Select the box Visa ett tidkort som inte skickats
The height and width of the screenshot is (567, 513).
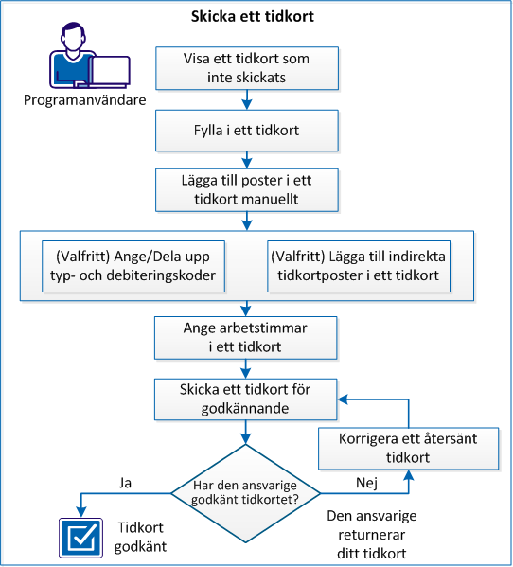point(246,67)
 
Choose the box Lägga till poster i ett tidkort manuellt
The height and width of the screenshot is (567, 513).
point(246,188)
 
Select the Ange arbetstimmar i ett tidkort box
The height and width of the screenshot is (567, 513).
point(246,336)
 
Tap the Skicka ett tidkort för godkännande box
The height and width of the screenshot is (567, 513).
point(246,399)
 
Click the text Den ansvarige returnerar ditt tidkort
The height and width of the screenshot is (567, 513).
point(372,535)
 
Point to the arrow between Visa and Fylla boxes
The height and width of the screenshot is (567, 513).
point(246,98)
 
